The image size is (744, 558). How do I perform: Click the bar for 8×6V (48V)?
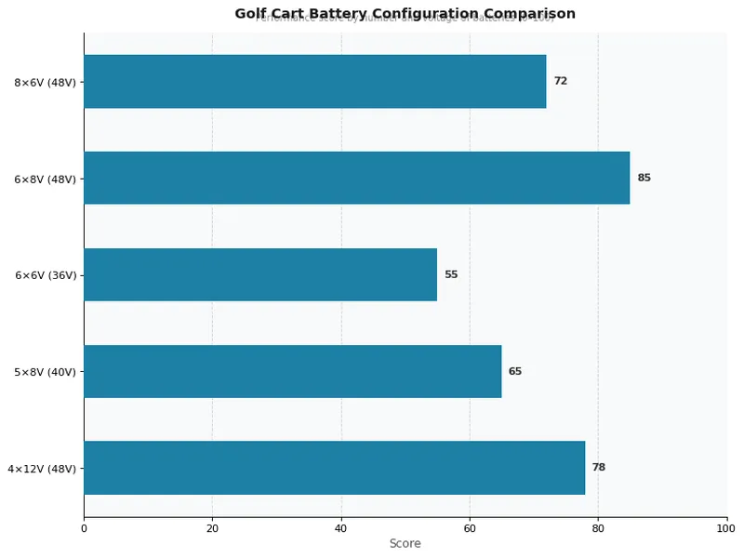tap(314, 81)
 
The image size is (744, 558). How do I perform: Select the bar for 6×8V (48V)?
tap(356, 178)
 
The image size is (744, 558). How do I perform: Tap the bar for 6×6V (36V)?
tap(260, 274)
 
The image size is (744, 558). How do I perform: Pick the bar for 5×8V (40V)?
tap(292, 371)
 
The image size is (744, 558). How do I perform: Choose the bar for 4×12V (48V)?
tap(334, 468)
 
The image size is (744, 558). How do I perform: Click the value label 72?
tap(561, 81)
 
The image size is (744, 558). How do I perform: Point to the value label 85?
tap(644, 178)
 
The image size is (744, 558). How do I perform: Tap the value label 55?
tap(451, 274)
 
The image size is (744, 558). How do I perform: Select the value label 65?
tap(515, 371)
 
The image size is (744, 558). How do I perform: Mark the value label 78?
tap(599, 468)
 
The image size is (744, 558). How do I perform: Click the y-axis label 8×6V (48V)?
tap(45, 82)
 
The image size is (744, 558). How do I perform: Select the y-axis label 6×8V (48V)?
tap(45, 179)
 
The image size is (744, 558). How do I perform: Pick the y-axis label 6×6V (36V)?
tap(45, 275)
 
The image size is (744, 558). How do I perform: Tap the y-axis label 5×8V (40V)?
tap(45, 372)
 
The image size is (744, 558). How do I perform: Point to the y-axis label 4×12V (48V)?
tap(42, 469)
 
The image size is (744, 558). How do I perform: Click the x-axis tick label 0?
tap(84, 528)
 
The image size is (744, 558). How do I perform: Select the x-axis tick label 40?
tap(341, 528)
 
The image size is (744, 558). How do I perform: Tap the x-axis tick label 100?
tap(726, 528)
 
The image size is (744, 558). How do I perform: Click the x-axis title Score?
tap(405, 543)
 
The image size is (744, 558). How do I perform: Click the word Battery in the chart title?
tap(339, 13)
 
